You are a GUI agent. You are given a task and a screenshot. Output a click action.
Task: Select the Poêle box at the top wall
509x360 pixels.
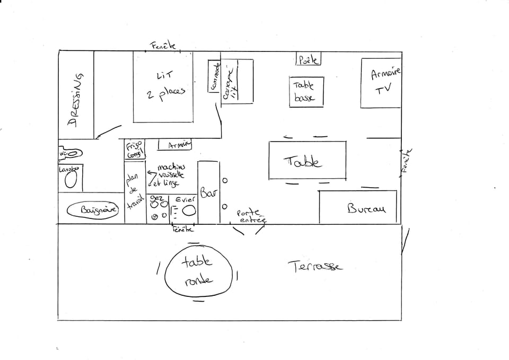tap(308, 59)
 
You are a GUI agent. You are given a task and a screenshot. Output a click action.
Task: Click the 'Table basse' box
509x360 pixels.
tap(306, 91)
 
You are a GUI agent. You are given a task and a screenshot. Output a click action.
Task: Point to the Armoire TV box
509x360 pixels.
tap(381, 82)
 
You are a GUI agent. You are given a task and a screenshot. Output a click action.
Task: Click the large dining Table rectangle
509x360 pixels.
tap(307, 161)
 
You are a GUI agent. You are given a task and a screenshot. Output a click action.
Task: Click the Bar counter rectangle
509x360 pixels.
tap(208, 192)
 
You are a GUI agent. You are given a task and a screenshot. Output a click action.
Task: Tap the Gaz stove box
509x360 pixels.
tap(158, 208)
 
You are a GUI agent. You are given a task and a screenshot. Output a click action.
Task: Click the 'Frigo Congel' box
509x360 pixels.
tap(135, 150)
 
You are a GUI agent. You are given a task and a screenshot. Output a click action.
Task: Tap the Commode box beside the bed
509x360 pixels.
tap(214, 76)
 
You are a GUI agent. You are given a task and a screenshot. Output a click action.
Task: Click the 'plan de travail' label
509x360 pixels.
tap(133, 191)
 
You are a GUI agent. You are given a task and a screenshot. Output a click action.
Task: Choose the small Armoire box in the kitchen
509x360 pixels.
tap(175, 145)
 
